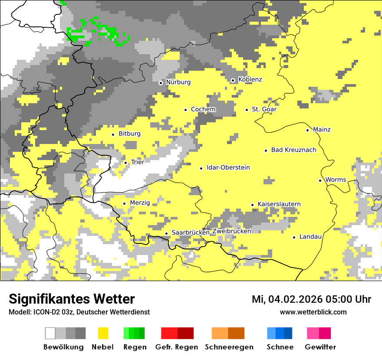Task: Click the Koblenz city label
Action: pyautogui.click(x=250, y=79)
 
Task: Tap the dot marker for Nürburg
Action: pyautogui.click(x=161, y=82)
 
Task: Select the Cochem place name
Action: pyautogui.click(x=203, y=109)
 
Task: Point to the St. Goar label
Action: pyautogui.click(x=264, y=109)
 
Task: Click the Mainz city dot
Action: pyautogui.click(x=307, y=130)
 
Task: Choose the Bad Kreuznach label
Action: pyautogui.click(x=293, y=150)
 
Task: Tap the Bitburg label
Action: pyautogui.click(x=129, y=134)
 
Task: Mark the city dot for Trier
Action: pyautogui.click(x=125, y=163)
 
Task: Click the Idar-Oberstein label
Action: pyautogui.click(x=228, y=168)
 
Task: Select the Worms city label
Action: pyautogui.click(x=336, y=180)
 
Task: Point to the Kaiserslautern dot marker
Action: pyautogui.click(x=252, y=205)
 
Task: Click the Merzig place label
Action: pyautogui.click(x=140, y=203)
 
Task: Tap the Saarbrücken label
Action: pyautogui.click(x=191, y=233)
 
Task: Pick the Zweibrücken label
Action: pyautogui.click(x=232, y=231)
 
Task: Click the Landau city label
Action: pyautogui.click(x=310, y=237)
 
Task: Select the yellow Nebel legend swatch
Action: pyautogui.click(x=103, y=333)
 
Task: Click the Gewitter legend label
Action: pyautogui.click(x=320, y=347)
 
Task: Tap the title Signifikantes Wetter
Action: pyautogui.click(x=72, y=299)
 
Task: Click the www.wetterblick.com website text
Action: pyautogui.click(x=313, y=312)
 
